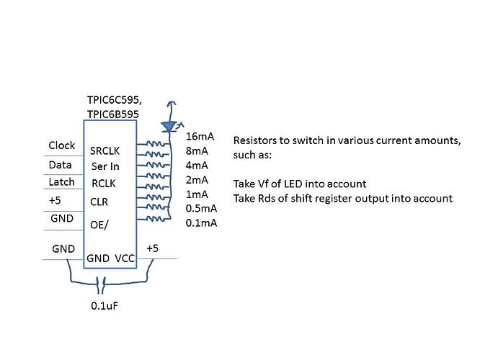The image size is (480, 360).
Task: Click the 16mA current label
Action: pyautogui.click(x=198, y=137)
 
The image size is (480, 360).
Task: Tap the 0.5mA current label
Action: pyautogui.click(x=201, y=209)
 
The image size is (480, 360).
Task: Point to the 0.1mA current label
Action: pyautogui.click(x=201, y=223)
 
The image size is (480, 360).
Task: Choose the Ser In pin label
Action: pyautogui.click(x=105, y=168)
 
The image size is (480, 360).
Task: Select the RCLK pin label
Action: pyautogui.click(x=105, y=184)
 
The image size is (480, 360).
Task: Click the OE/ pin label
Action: pyautogui.click(x=100, y=225)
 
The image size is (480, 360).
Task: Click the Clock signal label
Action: pyautogui.click(x=61, y=145)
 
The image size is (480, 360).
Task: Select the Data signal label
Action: pyautogui.click(x=60, y=164)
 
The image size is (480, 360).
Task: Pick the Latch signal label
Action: pyautogui.click(x=61, y=182)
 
